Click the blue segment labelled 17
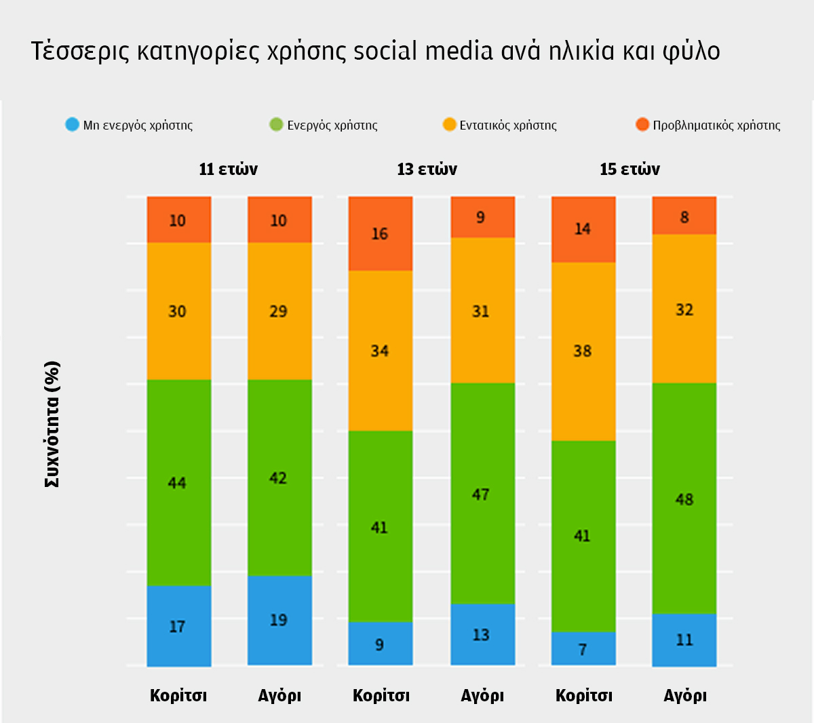pyautogui.click(x=178, y=625)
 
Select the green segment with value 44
pyautogui.click(x=178, y=482)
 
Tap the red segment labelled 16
pyautogui.click(x=380, y=234)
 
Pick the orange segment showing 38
pyautogui.click(x=583, y=351)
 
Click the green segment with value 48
pyautogui.click(x=684, y=499)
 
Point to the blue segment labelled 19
pyautogui.click(x=279, y=620)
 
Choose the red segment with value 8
pyautogui.click(x=684, y=216)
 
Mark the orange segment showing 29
pyautogui.click(x=279, y=311)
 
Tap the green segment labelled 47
pyautogui.click(x=482, y=494)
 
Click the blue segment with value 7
pyautogui.click(x=583, y=649)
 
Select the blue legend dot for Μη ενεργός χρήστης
pyautogui.click(x=72, y=125)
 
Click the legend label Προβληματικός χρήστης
pyautogui.click(x=716, y=125)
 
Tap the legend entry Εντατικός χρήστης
pyautogui.click(x=508, y=125)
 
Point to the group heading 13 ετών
pyautogui.click(x=427, y=169)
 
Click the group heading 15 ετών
pyautogui.click(x=629, y=169)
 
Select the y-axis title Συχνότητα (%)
pyautogui.click(x=52, y=424)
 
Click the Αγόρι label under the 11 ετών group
pyautogui.click(x=279, y=695)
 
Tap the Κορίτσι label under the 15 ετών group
pyautogui.click(x=583, y=695)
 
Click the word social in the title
pyautogui.click(x=385, y=52)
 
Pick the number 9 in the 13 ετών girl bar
pyautogui.click(x=380, y=644)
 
